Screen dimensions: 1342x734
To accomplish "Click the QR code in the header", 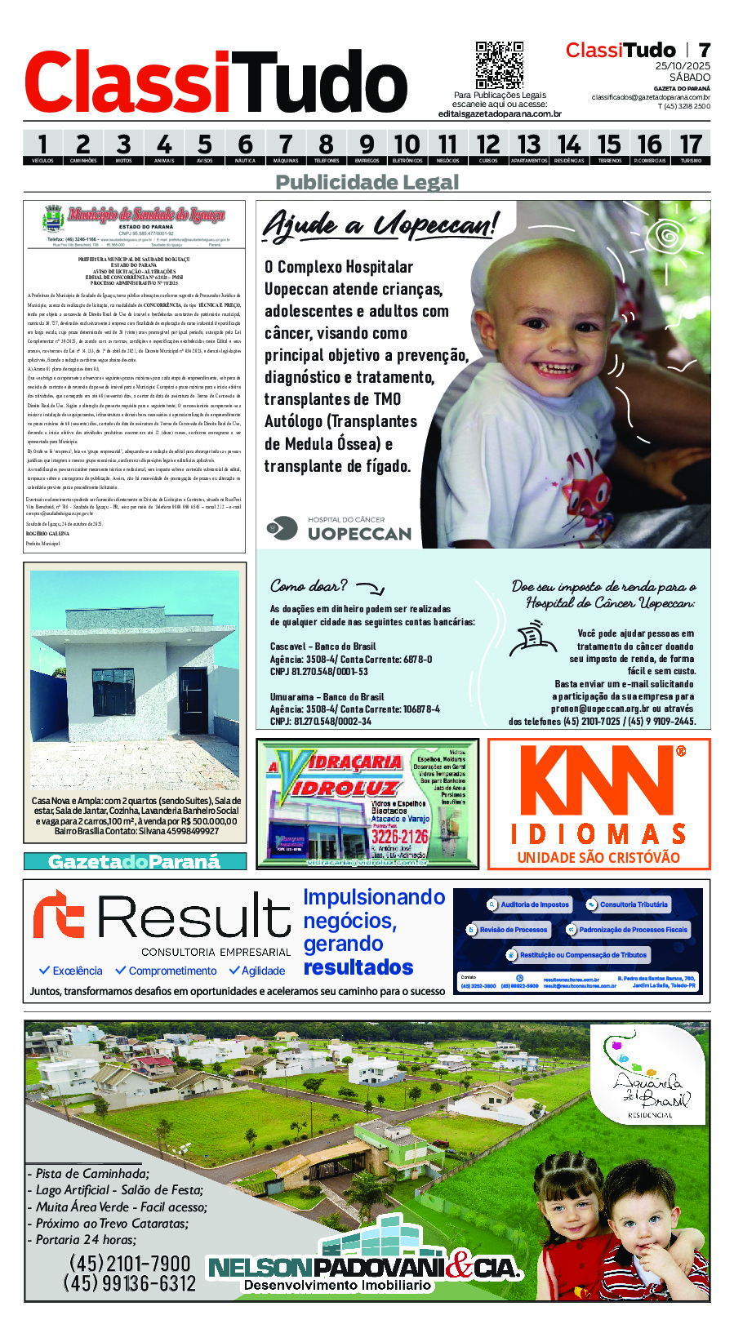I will [499, 65].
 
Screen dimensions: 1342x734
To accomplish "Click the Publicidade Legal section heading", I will [367, 182].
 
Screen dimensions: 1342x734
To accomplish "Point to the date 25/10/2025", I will [683, 66].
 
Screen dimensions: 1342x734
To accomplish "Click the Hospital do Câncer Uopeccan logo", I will [339, 529].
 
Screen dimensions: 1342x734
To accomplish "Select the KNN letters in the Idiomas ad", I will [598, 781].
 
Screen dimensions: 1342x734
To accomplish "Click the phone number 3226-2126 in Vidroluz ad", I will [399, 837].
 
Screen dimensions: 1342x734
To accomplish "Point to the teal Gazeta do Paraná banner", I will [135, 861].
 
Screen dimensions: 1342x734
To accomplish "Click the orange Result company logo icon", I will [60, 914].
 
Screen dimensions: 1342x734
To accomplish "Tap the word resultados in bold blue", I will [358, 968].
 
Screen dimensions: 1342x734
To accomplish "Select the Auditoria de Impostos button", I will [529, 904].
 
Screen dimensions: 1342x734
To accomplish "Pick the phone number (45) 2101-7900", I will [130, 1264].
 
